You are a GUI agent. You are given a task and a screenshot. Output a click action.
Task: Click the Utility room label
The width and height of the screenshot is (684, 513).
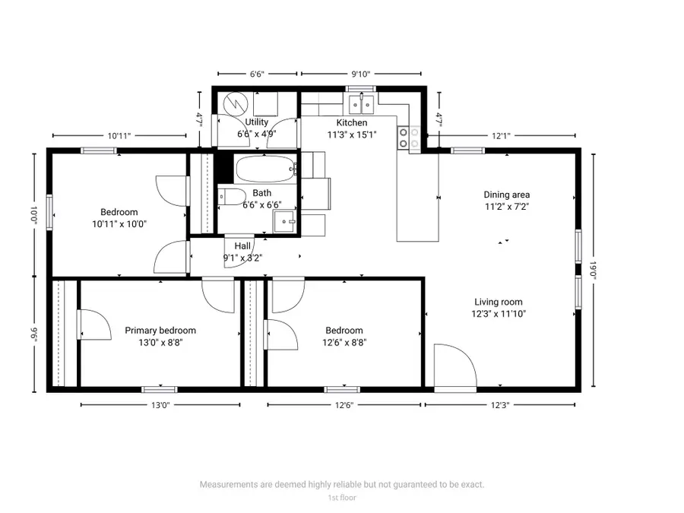pos(256,122)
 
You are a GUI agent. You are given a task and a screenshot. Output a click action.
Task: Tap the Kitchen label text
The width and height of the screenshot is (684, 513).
pos(352,123)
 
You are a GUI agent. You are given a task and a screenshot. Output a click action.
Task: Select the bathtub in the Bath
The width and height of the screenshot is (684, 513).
pos(264,168)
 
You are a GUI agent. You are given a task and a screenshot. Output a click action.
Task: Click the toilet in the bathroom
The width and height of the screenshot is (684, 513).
pos(230,196)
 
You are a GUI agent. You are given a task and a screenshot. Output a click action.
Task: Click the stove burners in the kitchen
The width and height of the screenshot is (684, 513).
pos(409,136)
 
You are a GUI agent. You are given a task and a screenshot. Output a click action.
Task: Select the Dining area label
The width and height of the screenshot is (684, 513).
pos(507,195)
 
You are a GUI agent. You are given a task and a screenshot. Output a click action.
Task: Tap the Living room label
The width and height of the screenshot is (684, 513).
pos(499,302)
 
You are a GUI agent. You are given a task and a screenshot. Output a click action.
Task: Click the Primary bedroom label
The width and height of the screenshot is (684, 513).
pos(160,331)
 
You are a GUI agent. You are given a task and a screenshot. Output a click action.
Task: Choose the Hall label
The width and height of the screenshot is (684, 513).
pos(242,246)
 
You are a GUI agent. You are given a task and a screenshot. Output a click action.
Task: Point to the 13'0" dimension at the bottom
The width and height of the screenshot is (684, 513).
pos(160,406)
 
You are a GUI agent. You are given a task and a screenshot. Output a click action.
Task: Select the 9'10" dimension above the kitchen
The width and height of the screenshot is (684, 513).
pos(361,74)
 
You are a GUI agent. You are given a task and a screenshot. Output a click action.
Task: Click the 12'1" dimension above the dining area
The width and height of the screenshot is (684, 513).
pos(500,136)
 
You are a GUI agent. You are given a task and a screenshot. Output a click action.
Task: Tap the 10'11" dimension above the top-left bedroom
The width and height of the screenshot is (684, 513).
pos(119,136)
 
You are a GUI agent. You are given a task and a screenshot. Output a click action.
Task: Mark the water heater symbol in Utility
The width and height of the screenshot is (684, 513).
pos(236,102)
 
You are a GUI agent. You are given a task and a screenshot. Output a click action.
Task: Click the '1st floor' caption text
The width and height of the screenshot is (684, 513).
pos(341,498)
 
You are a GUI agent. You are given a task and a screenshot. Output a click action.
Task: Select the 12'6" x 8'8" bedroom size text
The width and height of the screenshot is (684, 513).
pos(344,343)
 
